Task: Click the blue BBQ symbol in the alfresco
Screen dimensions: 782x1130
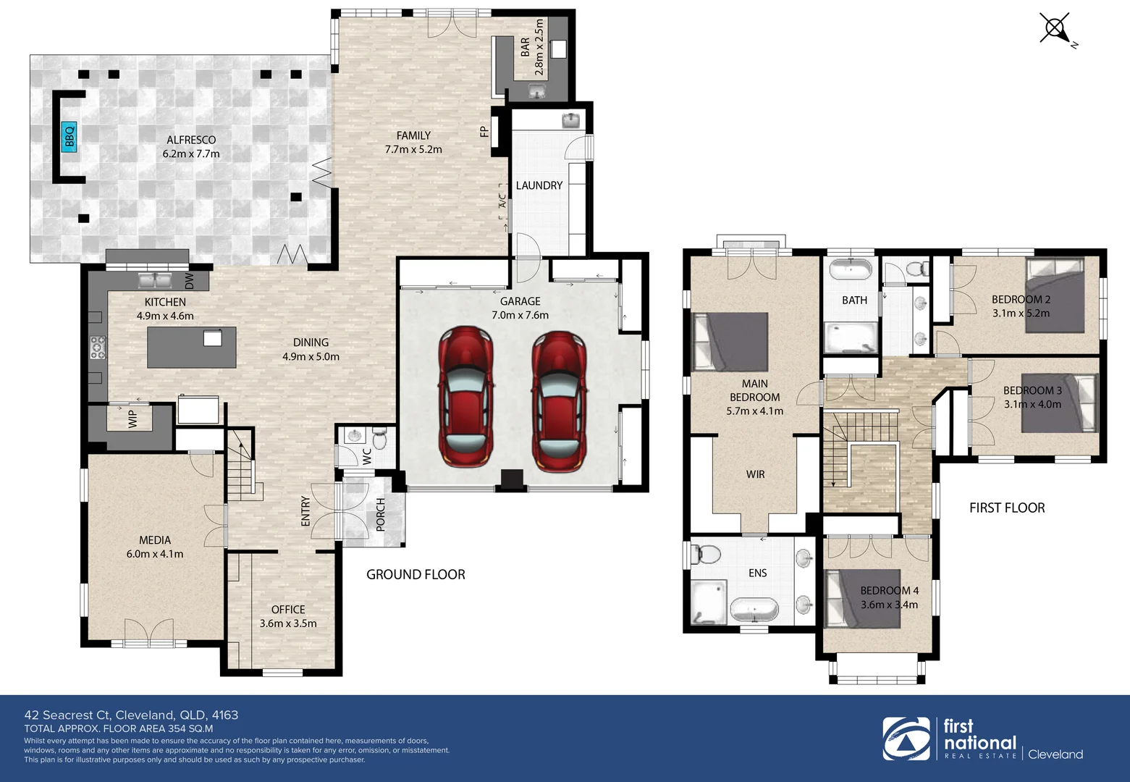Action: (x=69, y=135)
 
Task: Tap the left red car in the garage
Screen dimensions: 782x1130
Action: (x=465, y=399)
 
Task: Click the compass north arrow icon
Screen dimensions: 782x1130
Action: (x=1055, y=30)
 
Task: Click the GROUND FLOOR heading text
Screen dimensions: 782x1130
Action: (x=416, y=574)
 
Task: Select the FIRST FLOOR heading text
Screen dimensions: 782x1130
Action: (x=1007, y=508)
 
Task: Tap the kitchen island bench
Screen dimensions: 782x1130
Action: (x=192, y=347)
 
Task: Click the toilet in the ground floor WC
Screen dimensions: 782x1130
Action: (x=379, y=437)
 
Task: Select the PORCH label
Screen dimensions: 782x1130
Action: (x=381, y=515)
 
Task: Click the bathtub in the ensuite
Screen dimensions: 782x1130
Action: (x=753, y=609)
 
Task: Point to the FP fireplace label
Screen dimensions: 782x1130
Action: (x=484, y=132)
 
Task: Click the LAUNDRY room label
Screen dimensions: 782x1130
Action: (x=539, y=185)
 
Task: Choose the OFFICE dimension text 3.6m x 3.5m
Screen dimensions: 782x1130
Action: (x=288, y=623)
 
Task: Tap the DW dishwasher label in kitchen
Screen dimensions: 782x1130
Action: (x=190, y=282)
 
